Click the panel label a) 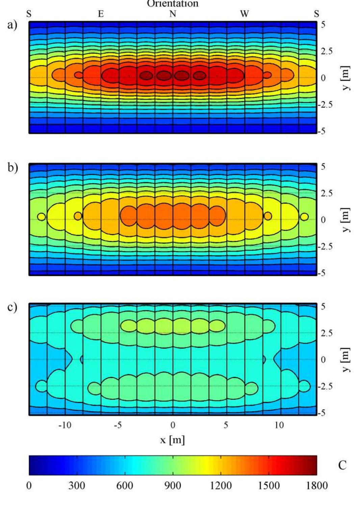tap(12, 25)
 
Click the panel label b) tap(12, 167)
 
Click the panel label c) tap(12, 307)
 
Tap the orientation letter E tap(101, 14)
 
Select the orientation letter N tap(173, 14)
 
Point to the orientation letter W tap(245, 14)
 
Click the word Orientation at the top tap(173, 4)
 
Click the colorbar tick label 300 tap(77, 486)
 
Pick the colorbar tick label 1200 tap(221, 486)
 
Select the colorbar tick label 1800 tap(317, 486)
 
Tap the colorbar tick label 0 tap(29, 486)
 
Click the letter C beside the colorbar tap(342, 465)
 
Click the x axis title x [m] tap(173, 440)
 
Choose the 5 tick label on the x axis tap(226, 425)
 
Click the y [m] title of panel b tap(345, 220)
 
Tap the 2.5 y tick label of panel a tap(327, 51)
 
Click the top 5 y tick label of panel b tap(323, 167)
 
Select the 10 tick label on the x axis tap(279, 425)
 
